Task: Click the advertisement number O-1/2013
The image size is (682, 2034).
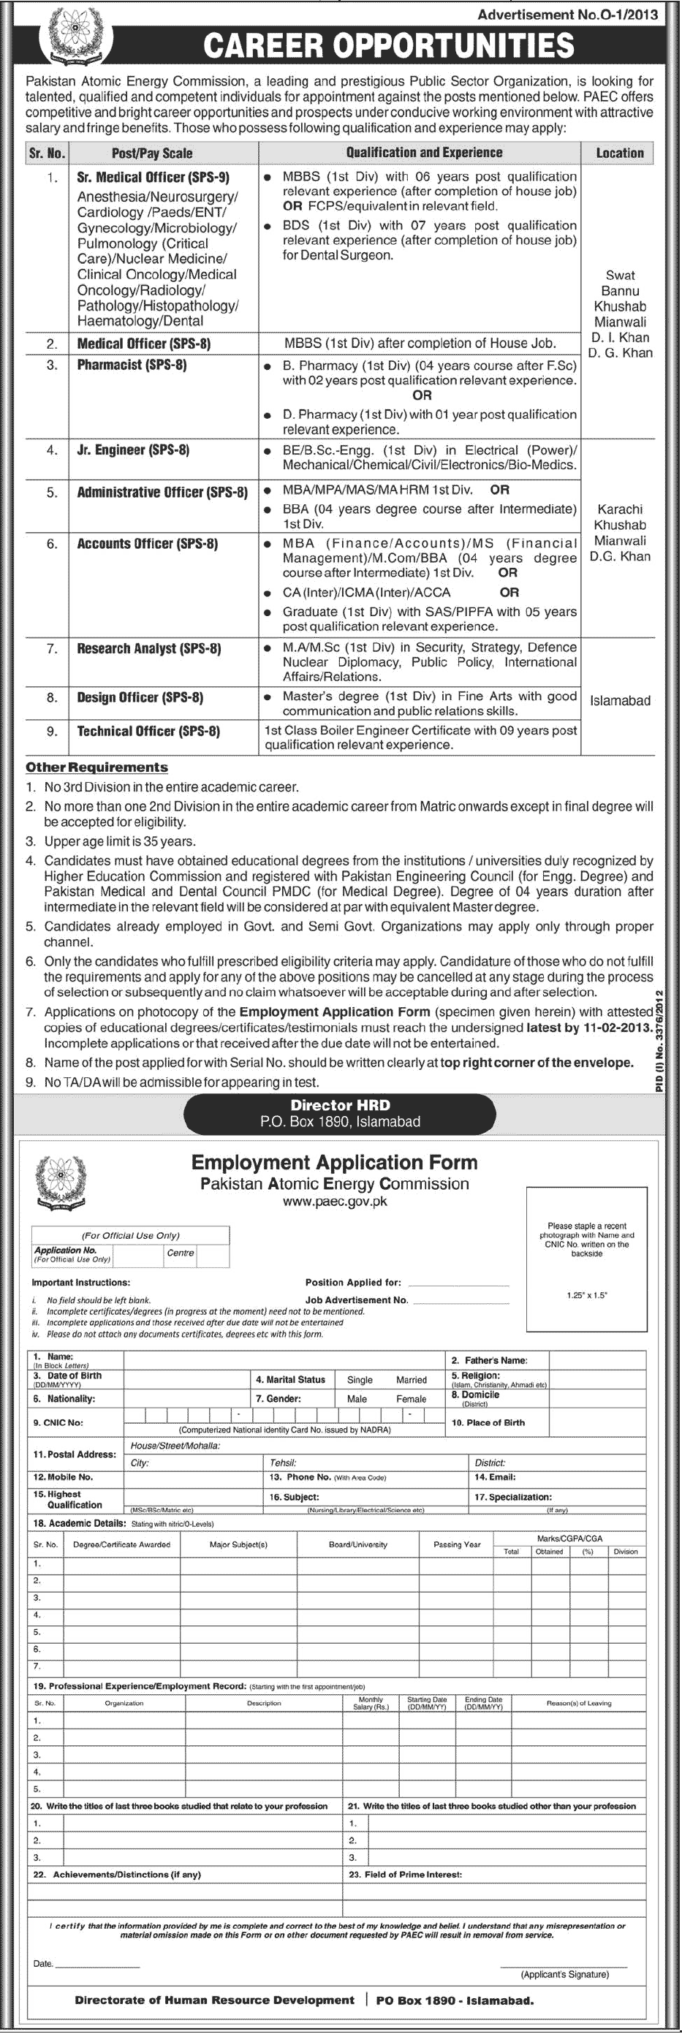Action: coord(567,14)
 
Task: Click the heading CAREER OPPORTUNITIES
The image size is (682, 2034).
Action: coord(388,45)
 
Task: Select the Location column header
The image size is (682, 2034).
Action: coord(620,153)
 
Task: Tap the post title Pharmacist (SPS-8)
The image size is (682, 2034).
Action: coord(132,365)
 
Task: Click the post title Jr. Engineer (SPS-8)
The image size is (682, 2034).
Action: coord(132,450)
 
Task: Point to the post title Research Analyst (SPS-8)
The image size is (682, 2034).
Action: coord(148,648)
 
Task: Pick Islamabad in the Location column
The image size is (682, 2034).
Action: coord(620,700)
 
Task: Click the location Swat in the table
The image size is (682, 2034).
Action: coord(620,276)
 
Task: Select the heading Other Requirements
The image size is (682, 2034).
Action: coord(96,767)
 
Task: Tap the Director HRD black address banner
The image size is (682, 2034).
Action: coord(340,1113)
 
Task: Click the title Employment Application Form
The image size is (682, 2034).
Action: coord(334,1162)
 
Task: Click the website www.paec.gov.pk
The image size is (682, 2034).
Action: coord(335,1202)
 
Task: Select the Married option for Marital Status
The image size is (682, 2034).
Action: coord(412,1379)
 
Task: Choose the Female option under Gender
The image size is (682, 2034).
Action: coord(411,1398)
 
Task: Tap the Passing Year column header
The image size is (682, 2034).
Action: coord(456,1544)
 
